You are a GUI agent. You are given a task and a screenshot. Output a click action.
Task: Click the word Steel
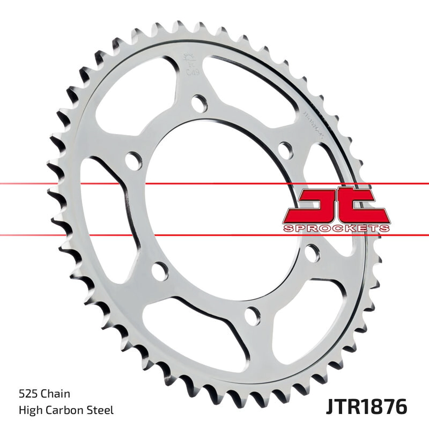point(101,410)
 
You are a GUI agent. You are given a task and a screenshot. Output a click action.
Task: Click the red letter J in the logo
point(314,206)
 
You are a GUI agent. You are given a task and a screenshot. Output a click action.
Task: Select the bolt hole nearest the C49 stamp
point(198,102)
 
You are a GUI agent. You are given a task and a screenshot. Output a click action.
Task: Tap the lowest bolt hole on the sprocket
point(252,313)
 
